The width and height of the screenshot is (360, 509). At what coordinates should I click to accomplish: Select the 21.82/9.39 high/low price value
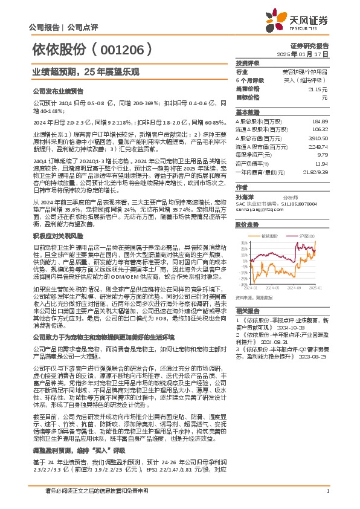click(x=314, y=172)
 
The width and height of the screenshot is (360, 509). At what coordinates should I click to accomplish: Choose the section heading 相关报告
click(x=245, y=310)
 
